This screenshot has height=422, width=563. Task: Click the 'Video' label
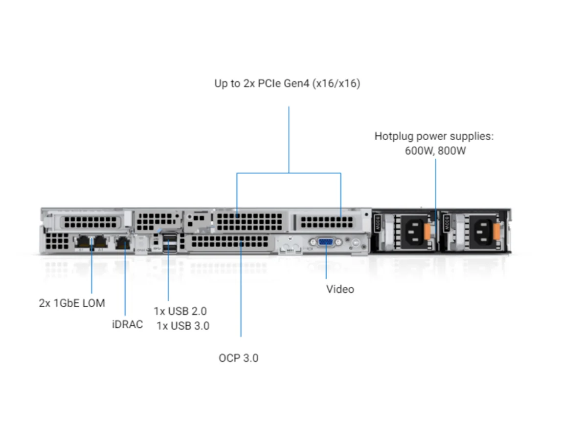click(340, 289)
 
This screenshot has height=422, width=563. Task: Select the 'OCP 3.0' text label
click(238, 358)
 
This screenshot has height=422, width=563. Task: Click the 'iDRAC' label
click(127, 324)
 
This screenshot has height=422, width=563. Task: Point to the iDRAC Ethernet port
click(122, 241)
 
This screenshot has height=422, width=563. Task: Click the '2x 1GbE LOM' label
click(72, 303)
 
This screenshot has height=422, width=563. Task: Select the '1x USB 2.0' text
click(180, 311)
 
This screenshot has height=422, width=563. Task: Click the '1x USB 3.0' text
click(183, 326)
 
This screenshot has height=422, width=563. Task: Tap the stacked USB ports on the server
click(170, 243)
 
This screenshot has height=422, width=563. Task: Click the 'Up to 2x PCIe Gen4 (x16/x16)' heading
click(287, 84)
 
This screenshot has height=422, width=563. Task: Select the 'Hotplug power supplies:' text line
click(434, 136)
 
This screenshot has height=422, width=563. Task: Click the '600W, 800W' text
click(435, 150)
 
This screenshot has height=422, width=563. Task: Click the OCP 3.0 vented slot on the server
click(230, 242)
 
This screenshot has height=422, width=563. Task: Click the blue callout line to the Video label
click(326, 266)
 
